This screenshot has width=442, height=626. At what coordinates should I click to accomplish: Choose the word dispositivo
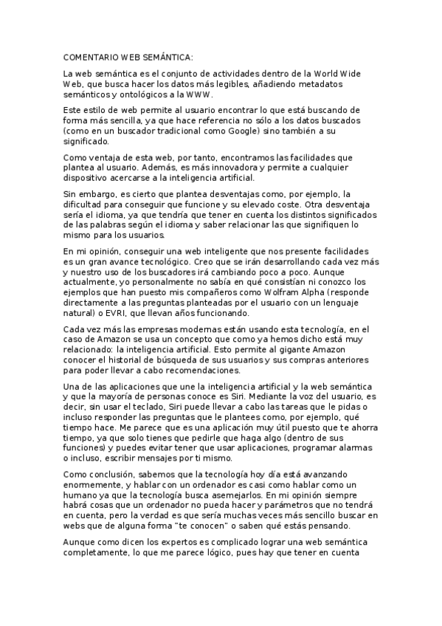click(x=86, y=179)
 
